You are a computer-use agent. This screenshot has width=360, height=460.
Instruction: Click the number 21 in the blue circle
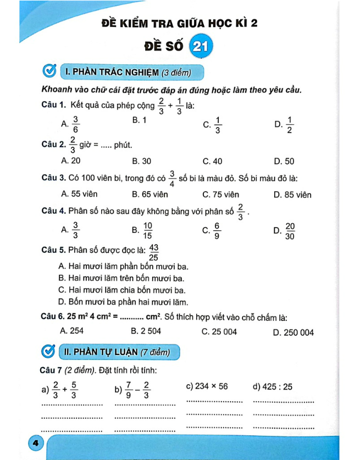[198, 48]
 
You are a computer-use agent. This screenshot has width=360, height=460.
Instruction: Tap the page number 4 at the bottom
[35, 443]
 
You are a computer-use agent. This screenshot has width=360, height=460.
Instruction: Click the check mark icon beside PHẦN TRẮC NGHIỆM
[49, 72]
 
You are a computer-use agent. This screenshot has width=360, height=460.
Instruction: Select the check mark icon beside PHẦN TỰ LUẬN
[49, 352]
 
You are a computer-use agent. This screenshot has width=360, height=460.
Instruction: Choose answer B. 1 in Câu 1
[139, 119]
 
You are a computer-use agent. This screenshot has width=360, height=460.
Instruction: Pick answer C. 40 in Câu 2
[212, 161]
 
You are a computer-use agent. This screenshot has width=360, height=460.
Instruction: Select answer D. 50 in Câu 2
[284, 161]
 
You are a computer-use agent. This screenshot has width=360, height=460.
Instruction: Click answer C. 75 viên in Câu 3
[220, 195]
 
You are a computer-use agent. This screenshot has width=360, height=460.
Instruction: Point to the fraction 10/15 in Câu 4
[148, 231]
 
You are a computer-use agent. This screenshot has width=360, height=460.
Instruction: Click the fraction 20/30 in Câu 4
[290, 231]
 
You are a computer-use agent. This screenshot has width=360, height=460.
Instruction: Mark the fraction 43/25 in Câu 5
[154, 253]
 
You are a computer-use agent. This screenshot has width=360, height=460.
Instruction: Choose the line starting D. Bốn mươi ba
[123, 302]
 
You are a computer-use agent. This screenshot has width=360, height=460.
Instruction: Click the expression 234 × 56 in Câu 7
[212, 386]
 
